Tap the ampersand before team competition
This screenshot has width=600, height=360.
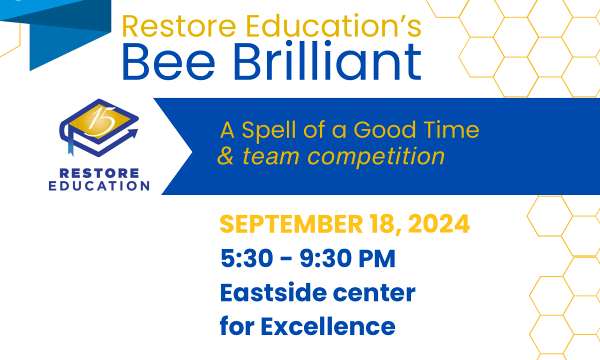(x=226, y=156)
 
